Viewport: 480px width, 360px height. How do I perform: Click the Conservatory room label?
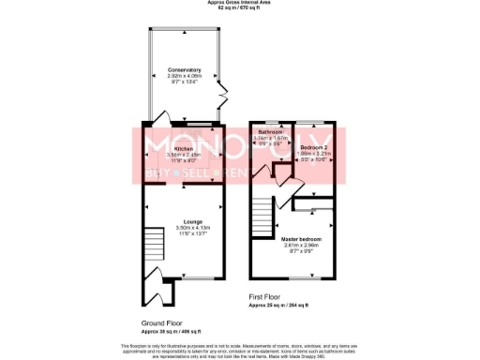pos(184,70)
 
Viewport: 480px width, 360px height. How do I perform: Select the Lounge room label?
pos(184,221)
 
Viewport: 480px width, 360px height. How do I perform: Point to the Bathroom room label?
pos(271,133)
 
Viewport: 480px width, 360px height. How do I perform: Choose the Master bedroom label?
pos(302,240)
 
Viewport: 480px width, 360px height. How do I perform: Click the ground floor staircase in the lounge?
pos(152,247)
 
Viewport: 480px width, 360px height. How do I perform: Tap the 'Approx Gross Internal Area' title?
pos(240,3)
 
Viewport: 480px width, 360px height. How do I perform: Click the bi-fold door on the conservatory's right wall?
pos(222,96)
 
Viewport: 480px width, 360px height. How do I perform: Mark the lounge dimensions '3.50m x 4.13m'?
pos(184,228)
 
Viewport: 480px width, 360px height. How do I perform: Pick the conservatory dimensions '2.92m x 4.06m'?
pos(184,76)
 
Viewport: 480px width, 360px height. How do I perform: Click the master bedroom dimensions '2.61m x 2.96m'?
pos(302,246)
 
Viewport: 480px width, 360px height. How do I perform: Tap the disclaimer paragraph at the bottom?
pos(240,349)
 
